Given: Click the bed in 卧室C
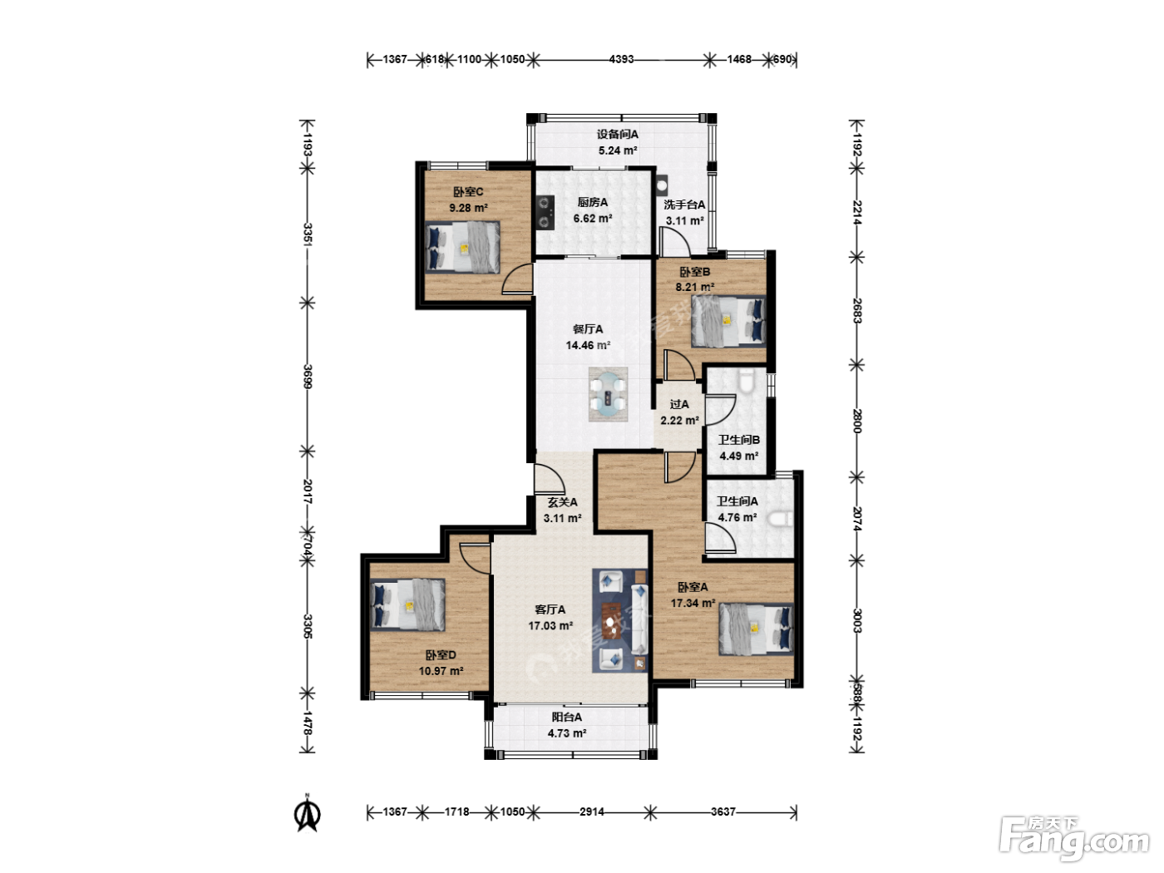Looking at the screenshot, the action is point(462,247).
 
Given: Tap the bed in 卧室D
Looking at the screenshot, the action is point(407,604).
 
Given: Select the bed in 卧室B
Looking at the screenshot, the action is point(728,321).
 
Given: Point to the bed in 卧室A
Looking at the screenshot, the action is point(756,629).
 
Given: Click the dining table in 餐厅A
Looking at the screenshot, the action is point(608,394).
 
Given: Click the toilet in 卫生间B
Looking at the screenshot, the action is point(746,381).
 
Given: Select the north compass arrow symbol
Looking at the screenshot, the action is point(307,813).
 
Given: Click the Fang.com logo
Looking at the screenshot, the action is point(1074,838).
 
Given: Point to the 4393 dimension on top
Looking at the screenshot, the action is point(621,59).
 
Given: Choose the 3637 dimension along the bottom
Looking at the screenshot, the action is point(723,811).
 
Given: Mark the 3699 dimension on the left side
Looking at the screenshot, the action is point(308,377).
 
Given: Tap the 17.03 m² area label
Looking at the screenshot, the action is point(550,626).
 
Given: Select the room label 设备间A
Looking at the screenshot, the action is point(618,135).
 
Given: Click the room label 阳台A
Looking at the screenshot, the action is point(567,718).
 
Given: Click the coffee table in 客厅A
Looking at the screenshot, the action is point(611,621).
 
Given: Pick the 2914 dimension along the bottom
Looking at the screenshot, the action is point(591,811).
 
